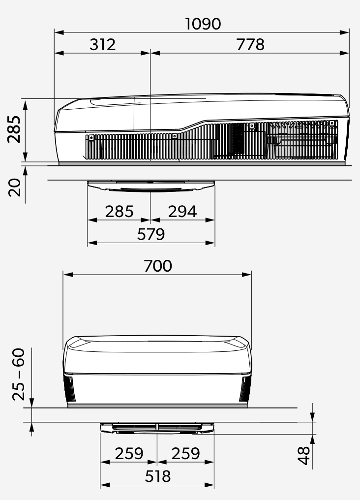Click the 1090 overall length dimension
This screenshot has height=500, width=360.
pos(203,24)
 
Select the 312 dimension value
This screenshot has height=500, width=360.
pos(103,44)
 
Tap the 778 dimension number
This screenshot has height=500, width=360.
pos(250,44)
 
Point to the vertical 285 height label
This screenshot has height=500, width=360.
pos(14,129)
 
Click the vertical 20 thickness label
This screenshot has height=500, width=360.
pos(14,187)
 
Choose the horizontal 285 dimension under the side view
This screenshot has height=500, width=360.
pos(119,212)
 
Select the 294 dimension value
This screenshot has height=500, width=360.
pos(182,212)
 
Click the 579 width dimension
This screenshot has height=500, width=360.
pos(151,234)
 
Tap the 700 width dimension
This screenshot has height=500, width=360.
pos(158,266)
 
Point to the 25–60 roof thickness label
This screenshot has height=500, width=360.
pos(19,375)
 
